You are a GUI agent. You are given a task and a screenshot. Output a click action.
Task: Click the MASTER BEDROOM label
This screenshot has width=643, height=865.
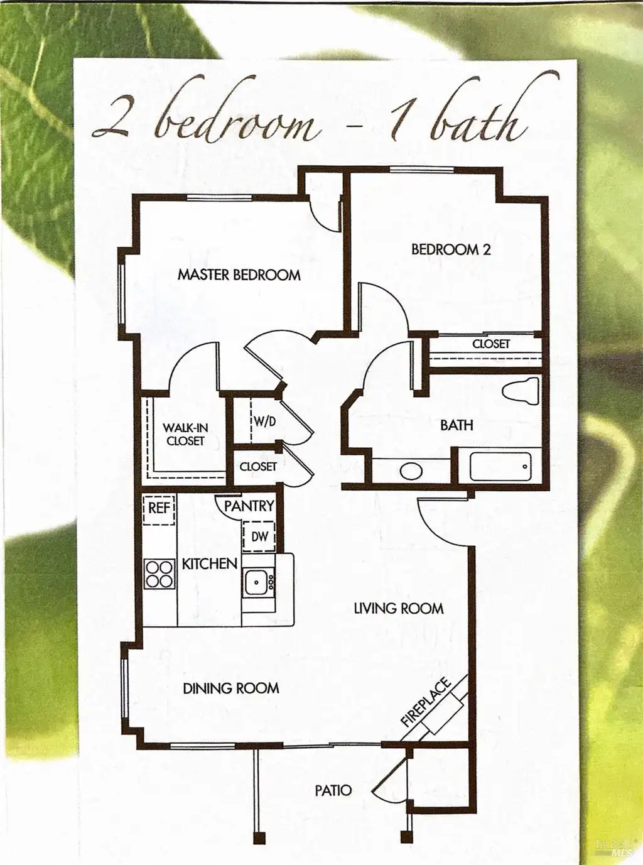click(x=239, y=275)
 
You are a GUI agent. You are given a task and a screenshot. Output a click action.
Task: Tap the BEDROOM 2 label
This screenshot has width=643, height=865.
click(x=451, y=249)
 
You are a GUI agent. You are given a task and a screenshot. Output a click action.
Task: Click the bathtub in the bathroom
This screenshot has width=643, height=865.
click(x=500, y=467)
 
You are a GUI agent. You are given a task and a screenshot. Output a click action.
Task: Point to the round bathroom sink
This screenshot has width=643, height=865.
click(x=411, y=472)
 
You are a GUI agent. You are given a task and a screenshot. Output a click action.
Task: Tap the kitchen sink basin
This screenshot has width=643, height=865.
click(x=256, y=582)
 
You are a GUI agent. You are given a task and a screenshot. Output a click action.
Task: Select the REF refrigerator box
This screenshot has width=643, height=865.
click(x=159, y=509)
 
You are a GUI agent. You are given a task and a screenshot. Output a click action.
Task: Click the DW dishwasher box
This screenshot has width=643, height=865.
click(x=259, y=536)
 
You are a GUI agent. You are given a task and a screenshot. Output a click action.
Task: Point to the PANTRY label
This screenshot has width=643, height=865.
click(x=249, y=506)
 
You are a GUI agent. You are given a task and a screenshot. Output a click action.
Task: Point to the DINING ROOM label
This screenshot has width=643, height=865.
click(x=231, y=415)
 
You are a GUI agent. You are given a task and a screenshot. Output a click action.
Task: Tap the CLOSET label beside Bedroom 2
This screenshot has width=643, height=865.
click(x=491, y=344)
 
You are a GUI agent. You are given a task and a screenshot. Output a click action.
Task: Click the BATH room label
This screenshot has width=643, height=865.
click(x=457, y=425)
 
